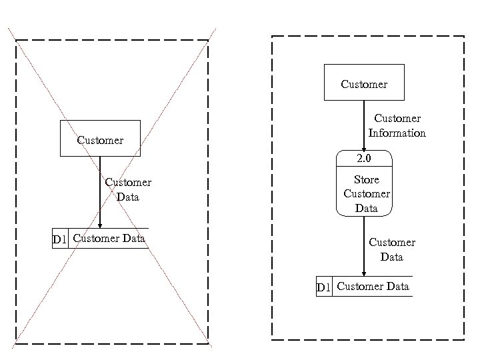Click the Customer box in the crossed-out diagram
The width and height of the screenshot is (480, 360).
(x=100, y=139)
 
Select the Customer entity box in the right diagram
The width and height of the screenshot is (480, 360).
(x=363, y=83)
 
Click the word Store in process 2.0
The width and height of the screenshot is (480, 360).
(x=366, y=179)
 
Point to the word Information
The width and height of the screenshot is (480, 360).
(x=397, y=133)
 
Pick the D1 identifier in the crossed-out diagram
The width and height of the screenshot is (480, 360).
(x=60, y=239)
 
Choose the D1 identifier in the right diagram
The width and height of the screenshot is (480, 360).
(x=324, y=287)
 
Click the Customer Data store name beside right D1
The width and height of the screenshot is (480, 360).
(x=373, y=287)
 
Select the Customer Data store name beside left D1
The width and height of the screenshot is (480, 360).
(x=109, y=238)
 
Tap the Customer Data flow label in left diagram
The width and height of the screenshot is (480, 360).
(x=128, y=189)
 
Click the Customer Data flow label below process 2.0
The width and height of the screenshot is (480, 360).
(x=392, y=249)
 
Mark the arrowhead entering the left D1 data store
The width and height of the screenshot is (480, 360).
(x=100, y=225)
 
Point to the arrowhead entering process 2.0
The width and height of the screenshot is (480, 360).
(x=364, y=149)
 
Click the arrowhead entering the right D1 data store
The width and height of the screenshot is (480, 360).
(x=364, y=273)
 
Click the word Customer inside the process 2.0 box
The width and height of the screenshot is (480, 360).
(x=366, y=194)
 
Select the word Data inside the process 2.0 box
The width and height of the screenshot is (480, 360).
(x=366, y=208)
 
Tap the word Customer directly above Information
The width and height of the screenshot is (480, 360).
(x=397, y=119)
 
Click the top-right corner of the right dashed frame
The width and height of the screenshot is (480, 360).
(x=464, y=36)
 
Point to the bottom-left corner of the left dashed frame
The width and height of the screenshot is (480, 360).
(x=16, y=344)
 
